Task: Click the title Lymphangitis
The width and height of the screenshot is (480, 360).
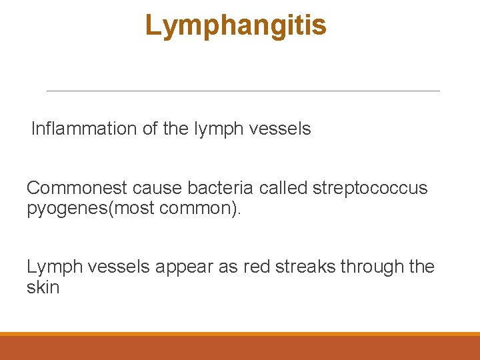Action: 235,26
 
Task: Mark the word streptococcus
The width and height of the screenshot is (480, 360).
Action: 369,188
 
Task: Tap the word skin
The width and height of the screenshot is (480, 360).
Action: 43,287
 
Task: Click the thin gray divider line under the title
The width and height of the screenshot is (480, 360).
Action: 243,91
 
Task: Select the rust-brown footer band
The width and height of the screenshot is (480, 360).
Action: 240,348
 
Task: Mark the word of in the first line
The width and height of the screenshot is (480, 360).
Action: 149,129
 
